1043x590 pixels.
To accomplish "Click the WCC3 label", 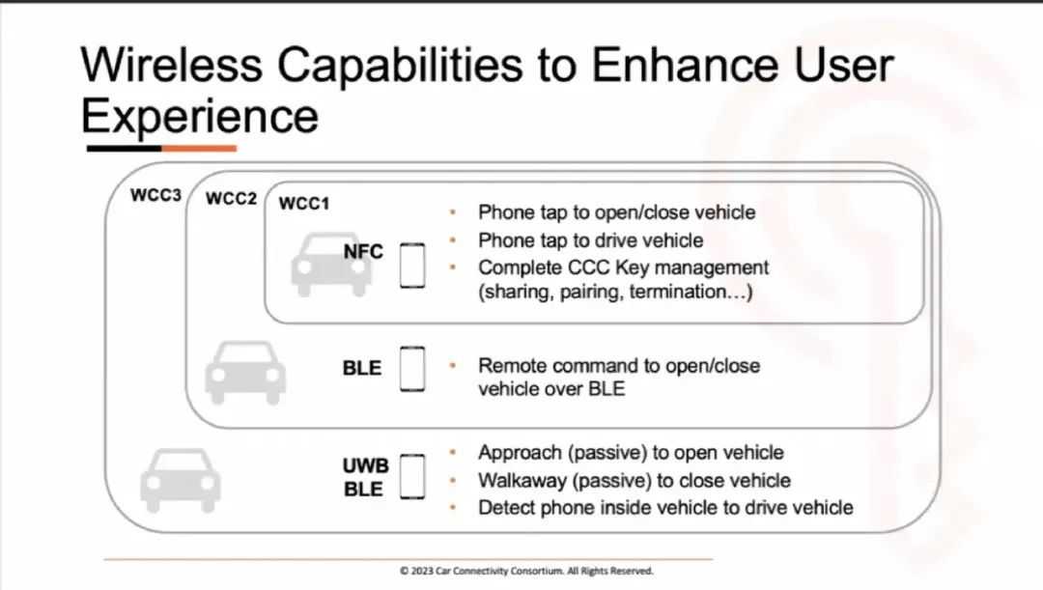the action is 155,195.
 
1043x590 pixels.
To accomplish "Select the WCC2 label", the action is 231,198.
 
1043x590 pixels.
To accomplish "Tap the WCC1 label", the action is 304,204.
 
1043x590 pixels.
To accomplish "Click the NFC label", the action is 363,251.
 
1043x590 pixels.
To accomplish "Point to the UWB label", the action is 365,465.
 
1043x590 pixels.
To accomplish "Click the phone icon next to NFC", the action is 412,266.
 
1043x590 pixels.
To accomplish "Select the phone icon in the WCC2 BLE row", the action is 412,369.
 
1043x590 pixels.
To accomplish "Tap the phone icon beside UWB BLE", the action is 412,476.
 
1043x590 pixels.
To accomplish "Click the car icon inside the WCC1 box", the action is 330,265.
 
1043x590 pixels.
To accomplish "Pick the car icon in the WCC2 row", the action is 245,373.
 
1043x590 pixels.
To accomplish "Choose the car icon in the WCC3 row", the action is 181,480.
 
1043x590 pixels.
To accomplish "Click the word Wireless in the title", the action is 172,65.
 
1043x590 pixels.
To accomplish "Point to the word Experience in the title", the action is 200,116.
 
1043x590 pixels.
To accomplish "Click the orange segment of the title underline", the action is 199,149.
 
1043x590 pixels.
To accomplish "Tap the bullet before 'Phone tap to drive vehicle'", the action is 453,240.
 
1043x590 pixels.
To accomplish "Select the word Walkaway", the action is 521,480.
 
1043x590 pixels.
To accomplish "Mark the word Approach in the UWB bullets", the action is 521,453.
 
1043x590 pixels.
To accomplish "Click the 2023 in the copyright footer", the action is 422,571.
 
